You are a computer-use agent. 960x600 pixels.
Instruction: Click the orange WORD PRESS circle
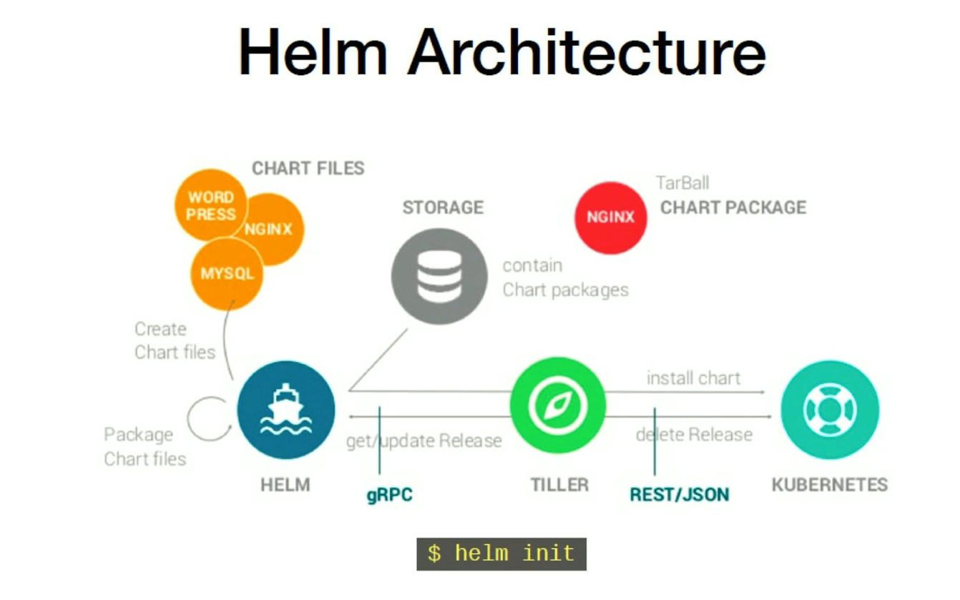[x=210, y=205]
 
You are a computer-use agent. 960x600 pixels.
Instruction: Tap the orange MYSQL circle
[x=227, y=274]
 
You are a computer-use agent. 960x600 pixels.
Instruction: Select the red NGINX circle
[x=611, y=217]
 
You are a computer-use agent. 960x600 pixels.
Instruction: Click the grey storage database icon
[x=439, y=275]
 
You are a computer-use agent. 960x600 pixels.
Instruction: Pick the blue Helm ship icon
[x=286, y=410]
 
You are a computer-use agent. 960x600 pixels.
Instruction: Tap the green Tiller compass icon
[x=558, y=405]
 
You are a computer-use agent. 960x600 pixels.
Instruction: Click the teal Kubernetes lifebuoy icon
[x=829, y=410]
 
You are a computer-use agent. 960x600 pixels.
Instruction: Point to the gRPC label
[x=390, y=495]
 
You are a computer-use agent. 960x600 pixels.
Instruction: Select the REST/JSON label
[x=679, y=494]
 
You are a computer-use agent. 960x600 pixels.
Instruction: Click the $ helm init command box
[x=501, y=554]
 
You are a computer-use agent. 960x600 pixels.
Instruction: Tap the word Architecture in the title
[x=587, y=52]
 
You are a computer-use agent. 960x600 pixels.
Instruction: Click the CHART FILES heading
[x=308, y=168]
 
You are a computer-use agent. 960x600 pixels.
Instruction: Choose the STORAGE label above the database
[x=443, y=207]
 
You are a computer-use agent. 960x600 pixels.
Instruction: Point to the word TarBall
[x=682, y=183]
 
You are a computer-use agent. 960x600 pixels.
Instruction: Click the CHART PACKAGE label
[x=733, y=207]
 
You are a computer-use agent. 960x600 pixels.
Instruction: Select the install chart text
[x=693, y=378]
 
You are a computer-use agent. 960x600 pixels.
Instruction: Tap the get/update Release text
[x=424, y=441]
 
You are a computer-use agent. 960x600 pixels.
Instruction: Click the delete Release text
[x=694, y=435]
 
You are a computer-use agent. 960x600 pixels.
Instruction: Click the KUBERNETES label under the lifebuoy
[x=829, y=484]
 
